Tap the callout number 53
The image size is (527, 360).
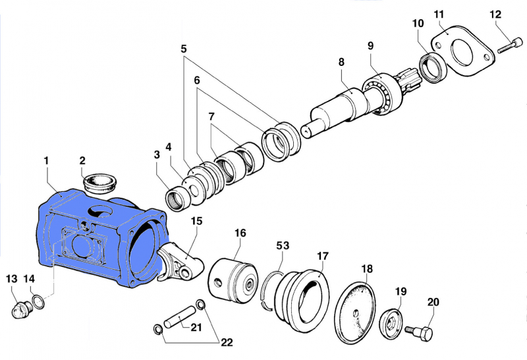(x=283, y=245)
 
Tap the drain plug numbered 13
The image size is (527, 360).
(x=22, y=308)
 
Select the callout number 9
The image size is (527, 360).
(x=370, y=45)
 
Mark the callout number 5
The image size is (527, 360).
(x=183, y=48)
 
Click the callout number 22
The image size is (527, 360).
(x=227, y=342)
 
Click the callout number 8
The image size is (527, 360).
(x=341, y=62)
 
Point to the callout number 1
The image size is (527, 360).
(x=47, y=160)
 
